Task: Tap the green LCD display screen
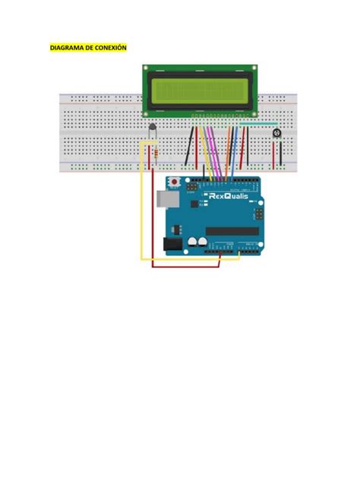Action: pyautogui.click(x=201, y=90)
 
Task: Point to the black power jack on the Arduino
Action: pyautogui.click(x=174, y=244)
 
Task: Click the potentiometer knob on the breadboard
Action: pyautogui.click(x=276, y=133)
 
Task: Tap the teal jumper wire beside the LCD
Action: pyautogui.click(x=258, y=122)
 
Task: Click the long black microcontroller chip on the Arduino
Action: pyautogui.click(x=232, y=231)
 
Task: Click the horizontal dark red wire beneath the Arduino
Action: pyautogui.click(x=186, y=266)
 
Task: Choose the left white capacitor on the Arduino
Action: pyautogui.click(x=194, y=242)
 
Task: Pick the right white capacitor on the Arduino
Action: pyautogui.click(x=204, y=242)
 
